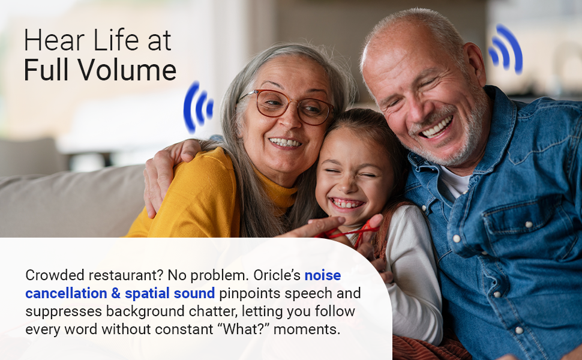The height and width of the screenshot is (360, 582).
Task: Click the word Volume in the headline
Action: click(x=127, y=70)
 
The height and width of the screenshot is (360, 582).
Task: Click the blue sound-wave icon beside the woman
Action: click(x=198, y=107)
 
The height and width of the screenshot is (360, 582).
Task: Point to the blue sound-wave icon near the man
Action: click(x=506, y=49)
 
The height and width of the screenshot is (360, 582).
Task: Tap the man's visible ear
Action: click(x=475, y=63)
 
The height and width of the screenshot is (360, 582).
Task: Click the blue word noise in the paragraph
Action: click(x=323, y=275)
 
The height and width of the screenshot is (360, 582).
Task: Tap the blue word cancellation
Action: click(x=66, y=293)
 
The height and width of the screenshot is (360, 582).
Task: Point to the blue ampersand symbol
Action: click(x=116, y=293)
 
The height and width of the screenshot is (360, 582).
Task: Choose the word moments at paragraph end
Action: click(x=307, y=329)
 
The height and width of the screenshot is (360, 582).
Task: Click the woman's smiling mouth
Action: click(x=285, y=143)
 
